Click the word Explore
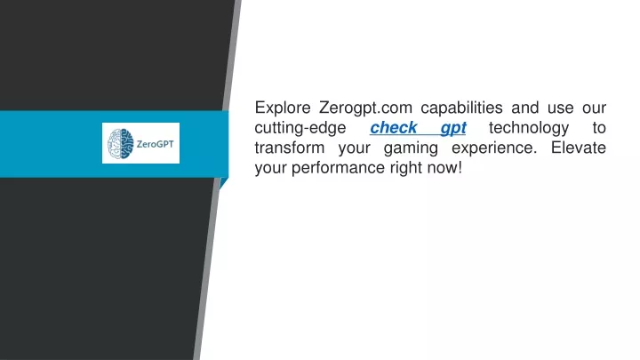pyautogui.click(x=283, y=108)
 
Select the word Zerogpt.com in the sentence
pyautogui.click(x=365, y=108)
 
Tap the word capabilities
pyautogui.click(x=461, y=108)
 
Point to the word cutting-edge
pyautogui.click(x=300, y=128)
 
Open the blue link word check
pyautogui.click(x=394, y=128)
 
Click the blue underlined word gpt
pyautogui.click(x=453, y=129)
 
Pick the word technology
pyautogui.click(x=529, y=128)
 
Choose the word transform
pyautogui.click(x=290, y=148)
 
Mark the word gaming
pyautogui.click(x=411, y=148)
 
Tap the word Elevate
pyautogui.click(x=579, y=148)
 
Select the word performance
pyautogui.click(x=338, y=168)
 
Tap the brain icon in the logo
pyautogui.click(x=120, y=144)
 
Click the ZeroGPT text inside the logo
pyautogui.click(x=155, y=144)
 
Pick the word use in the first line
pyautogui.click(x=560, y=108)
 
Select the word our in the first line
pyautogui.click(x=594, y=108)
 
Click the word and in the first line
pyautogui.click(x=525, y=108)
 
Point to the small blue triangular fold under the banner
pyautogui.click(x=223, y=182)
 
